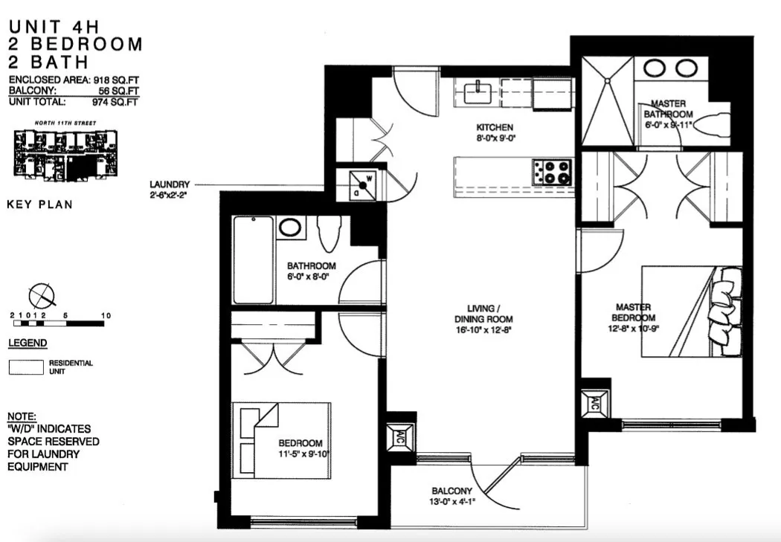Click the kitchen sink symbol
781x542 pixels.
point(475,93)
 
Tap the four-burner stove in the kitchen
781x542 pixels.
point(551,172)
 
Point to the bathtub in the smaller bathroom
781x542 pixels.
point(253,260)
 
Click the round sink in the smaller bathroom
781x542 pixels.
point(290,227)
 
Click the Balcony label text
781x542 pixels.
point(451,491)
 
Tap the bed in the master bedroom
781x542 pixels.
point(692,312)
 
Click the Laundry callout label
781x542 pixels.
point(170,184)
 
